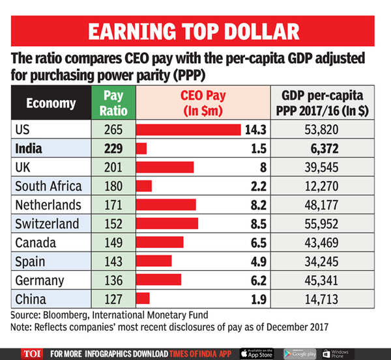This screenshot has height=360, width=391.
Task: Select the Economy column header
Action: [x=51, y=103]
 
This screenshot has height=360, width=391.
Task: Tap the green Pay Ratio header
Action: [x=113, y=103]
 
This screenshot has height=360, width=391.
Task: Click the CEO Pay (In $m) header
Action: [x=202, y=103]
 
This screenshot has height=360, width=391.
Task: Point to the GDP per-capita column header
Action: [x=328, y=103]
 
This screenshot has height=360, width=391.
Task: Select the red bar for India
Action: [x=141, y=148]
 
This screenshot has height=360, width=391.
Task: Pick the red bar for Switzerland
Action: [x=166, y=224]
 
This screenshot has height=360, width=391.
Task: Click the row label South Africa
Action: [x=48, y=186]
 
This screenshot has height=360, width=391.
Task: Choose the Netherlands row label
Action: [x=48, y=205]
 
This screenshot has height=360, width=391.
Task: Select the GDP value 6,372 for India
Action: [x=329, y=148]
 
